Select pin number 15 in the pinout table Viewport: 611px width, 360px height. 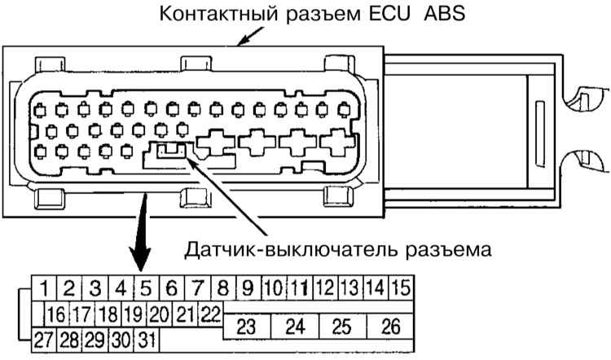pos(400,288)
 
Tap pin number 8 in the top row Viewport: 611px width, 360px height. pos(222,288)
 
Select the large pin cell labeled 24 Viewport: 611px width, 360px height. pos(296,327)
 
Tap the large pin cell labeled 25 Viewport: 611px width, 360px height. pos(343,327)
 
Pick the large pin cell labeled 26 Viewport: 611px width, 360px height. pos(391,327)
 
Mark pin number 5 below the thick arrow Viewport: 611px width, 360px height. pos(145,288)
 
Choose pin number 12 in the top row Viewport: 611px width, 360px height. pos(324,288)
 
